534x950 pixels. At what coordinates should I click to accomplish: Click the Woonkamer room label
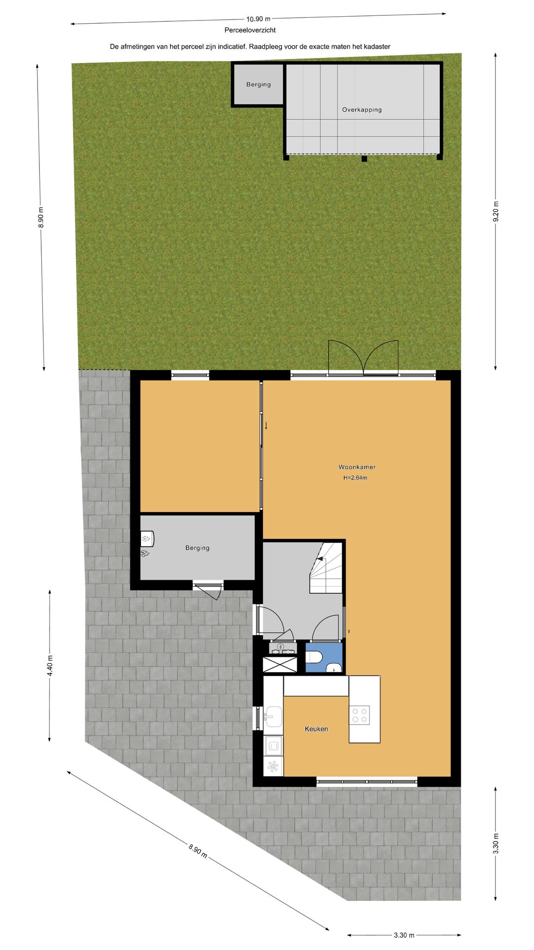[x=356, y=467]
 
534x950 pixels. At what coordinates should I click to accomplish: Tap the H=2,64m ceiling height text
[x=355, y=478]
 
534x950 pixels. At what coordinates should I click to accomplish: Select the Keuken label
[x=316, y=729]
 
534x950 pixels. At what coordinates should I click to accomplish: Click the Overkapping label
[x=362, y=110]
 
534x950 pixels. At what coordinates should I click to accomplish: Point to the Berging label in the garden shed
[x=258, y=84]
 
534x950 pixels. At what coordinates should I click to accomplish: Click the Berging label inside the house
[x=197, y=548]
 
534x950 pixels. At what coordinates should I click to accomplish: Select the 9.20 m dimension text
[x=496, y=212]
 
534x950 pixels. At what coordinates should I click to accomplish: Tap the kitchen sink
[x=273, y=717]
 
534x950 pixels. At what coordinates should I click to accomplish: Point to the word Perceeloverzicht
[x=250, y=30]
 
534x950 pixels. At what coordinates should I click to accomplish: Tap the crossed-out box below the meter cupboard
[x=280, y=664]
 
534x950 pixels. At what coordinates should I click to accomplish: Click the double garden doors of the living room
[x=363, y=357]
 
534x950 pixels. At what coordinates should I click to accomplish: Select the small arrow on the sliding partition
[x=266, y=425]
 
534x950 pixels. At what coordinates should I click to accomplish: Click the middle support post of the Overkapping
[x=364, y=159]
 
